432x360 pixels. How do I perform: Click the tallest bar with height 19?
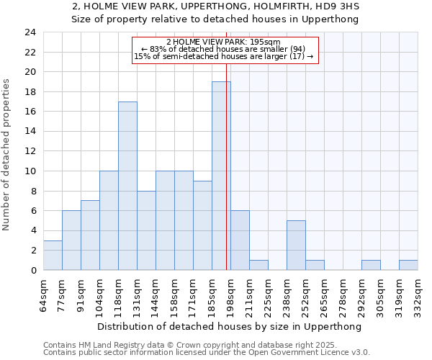[221, 176]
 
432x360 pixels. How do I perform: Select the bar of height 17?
[127, 186]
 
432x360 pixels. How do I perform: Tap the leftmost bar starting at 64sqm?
[53, 256]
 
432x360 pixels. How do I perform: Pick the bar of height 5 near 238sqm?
[296, 246]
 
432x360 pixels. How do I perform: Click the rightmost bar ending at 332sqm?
[408, 265]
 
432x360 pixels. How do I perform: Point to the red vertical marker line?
[227, 166]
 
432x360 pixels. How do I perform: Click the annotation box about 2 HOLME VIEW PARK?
[224, 50]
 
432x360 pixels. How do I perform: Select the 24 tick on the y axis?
[30, 32]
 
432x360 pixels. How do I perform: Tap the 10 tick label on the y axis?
[30, 171]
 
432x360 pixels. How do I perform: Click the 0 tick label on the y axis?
[33, 271]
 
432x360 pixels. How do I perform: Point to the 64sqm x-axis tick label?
[44, 294]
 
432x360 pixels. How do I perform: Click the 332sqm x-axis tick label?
[418, 294]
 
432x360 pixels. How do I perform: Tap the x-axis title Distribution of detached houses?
[230, 326]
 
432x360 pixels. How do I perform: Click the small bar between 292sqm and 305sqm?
[371, 265]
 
